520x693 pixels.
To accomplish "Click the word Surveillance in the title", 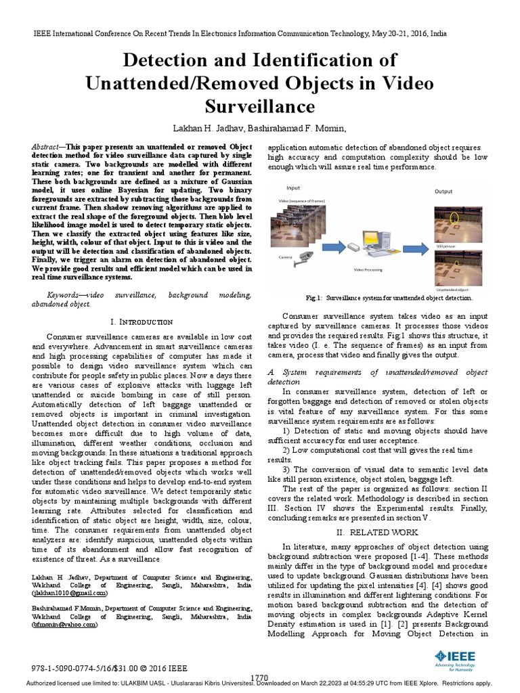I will coord(259,106).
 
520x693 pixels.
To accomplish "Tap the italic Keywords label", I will coord(65,296).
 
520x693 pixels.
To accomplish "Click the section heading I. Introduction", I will coord(141,321).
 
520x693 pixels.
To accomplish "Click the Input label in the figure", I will coord(293,188).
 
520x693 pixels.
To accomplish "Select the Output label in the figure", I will coord(443,192).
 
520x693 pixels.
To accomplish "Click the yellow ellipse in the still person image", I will coord(455,219).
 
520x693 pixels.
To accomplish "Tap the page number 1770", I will coord(259,677).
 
